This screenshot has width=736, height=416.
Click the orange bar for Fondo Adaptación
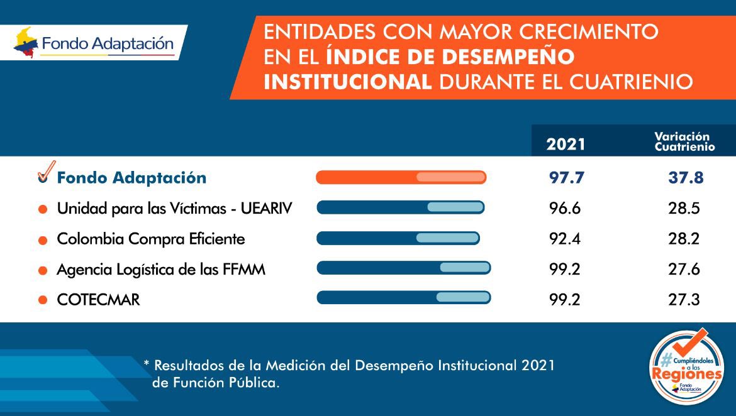401,177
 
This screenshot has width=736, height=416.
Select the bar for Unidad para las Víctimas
400,207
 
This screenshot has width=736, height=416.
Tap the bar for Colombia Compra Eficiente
398,238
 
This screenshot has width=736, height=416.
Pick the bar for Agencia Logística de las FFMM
403,268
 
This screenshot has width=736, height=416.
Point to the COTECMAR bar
403,297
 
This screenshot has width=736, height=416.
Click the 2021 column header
566,144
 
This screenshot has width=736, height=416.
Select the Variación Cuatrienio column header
684,141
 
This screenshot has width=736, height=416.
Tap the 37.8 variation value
685,178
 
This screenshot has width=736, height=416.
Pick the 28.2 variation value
684,239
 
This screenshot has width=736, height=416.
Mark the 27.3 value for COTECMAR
684,300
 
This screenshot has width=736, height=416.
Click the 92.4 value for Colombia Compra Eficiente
565,239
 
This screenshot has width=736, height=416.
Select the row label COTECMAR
98,300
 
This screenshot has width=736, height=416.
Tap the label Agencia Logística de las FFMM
161,270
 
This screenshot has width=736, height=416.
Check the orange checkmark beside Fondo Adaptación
45,172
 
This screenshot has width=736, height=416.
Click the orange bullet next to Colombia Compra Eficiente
43,240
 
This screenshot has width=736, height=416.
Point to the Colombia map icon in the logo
26,43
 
